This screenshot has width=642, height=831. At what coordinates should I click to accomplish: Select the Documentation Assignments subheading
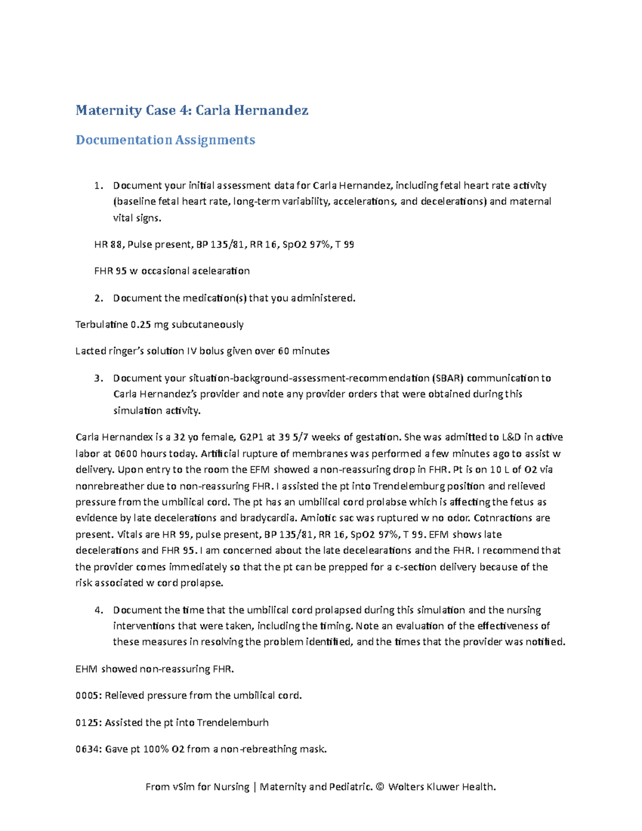pyautogui.click(x=165, y=140)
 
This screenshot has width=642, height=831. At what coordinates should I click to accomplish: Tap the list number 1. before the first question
pyautogui.click(x=98, y=186)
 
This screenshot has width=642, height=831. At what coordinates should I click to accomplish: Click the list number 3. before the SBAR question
pyautogui.click(x=98, y=378)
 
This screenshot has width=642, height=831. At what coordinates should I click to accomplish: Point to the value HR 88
pyautogui.click(x=108, y=245)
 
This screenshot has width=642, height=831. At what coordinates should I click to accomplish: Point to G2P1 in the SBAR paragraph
pyautogui.click(x=251, y=437)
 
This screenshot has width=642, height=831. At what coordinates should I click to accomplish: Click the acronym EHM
pyautogui.click(x=87, y=669)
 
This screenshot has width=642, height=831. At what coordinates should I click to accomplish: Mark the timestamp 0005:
pyautogui.click(x=88, y=696)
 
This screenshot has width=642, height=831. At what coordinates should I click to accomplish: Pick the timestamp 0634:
pyautogui.click(x=88, y=749)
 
